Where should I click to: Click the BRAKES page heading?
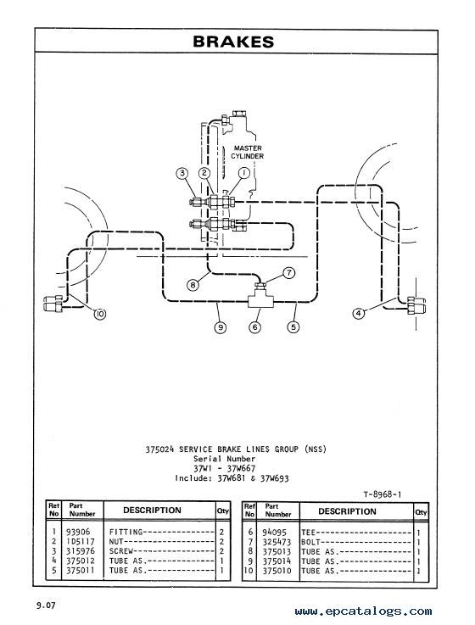point(233,42)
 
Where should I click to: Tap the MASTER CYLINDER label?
point(248,152)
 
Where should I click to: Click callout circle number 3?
point(182,173)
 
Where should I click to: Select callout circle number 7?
point(288,272)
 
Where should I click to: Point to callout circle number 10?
point(100,314)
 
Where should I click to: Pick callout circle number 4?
point(359,313)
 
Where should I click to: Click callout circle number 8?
point(193,285)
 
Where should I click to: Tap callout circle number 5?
point(293,326)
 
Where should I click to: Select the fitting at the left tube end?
point(53,304)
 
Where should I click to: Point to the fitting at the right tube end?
point(416,306)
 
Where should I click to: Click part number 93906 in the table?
point(78,532)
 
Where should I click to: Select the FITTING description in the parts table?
point(126,532)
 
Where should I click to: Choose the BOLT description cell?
point(311,542)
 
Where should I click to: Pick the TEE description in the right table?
point(308,532)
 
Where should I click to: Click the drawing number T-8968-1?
point(382,494)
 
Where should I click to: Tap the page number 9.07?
point(47,605)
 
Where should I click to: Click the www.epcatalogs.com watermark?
point(363,611)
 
